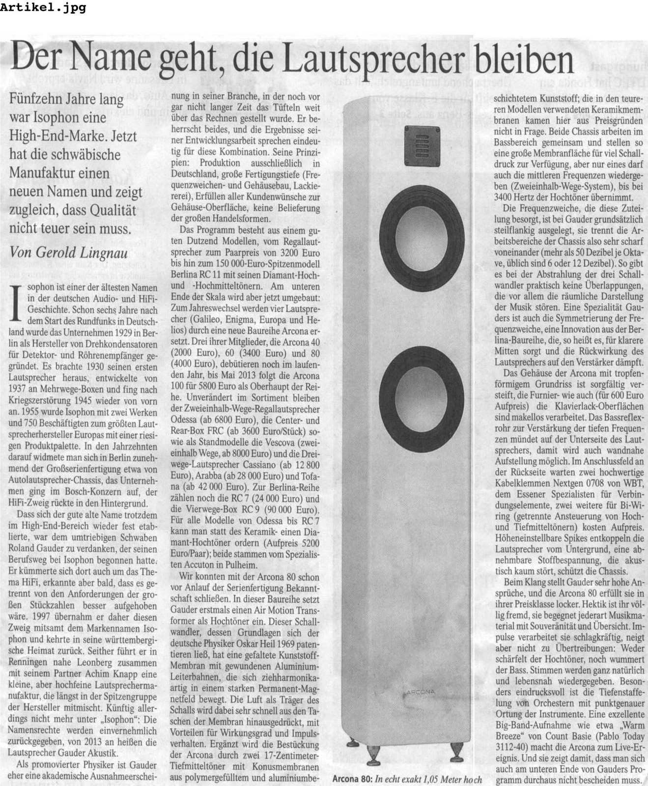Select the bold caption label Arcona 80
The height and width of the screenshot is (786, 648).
pyautogui.click(x=352, y=779)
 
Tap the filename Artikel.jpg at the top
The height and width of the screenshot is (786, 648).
pyautogui.click(x=43, y=8)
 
